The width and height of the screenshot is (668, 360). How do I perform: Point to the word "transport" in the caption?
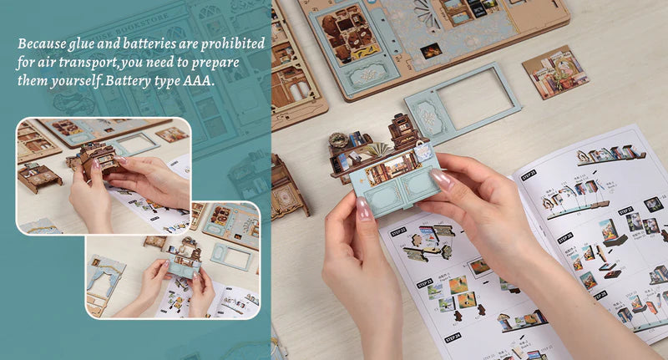pyautogui.click(x=89, y=63)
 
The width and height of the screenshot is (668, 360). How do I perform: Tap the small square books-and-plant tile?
pyautogui.click(x=555, y=72)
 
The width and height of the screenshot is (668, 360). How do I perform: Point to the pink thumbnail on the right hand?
pyautogui.click(x=442, y=178)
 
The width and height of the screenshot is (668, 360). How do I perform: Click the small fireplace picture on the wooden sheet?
pyautogui.click(x=431, y=50)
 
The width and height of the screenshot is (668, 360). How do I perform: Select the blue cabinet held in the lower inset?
pyautogui.click(x=184, y=266)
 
